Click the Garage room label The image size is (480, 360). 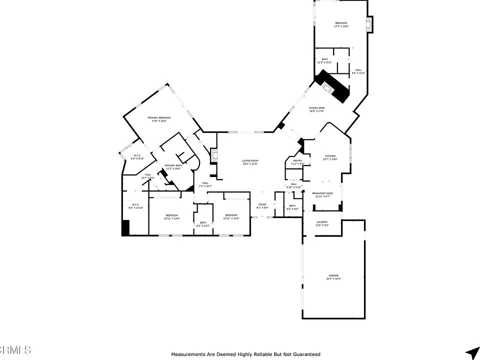point(333,275)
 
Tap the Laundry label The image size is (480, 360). point(321,221)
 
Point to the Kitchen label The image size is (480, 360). point(330,156)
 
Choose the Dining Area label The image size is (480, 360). point(316,108)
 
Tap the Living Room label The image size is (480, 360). point(250,161)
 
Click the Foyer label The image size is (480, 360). point(262,204)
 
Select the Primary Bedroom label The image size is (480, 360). point(159,117)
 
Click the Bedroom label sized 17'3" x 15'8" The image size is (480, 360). point(341,23)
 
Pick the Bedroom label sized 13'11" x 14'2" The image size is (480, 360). point(231,215)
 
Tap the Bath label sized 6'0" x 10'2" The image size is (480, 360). point(203,223)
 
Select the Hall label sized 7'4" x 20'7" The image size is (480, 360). point(205,183)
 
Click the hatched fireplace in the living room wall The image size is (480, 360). point(214,155)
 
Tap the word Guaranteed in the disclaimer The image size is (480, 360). point(302,354)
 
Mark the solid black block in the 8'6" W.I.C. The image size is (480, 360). point(125,227)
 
